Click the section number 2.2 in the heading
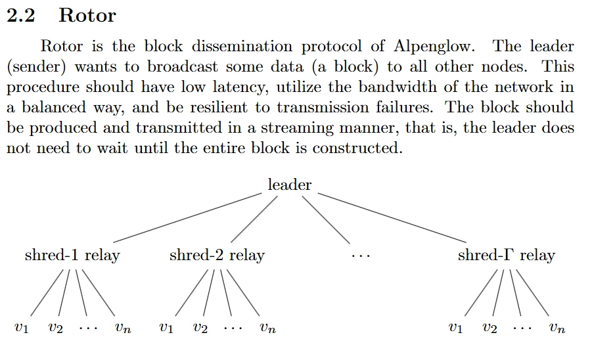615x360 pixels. (20, 16)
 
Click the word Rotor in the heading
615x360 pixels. (87, 16)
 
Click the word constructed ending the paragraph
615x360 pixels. (357, 148)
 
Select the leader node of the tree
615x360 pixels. (290, 185)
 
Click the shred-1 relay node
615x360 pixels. (72, 255)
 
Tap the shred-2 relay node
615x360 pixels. (217, 255)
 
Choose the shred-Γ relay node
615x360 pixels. (506, 255)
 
